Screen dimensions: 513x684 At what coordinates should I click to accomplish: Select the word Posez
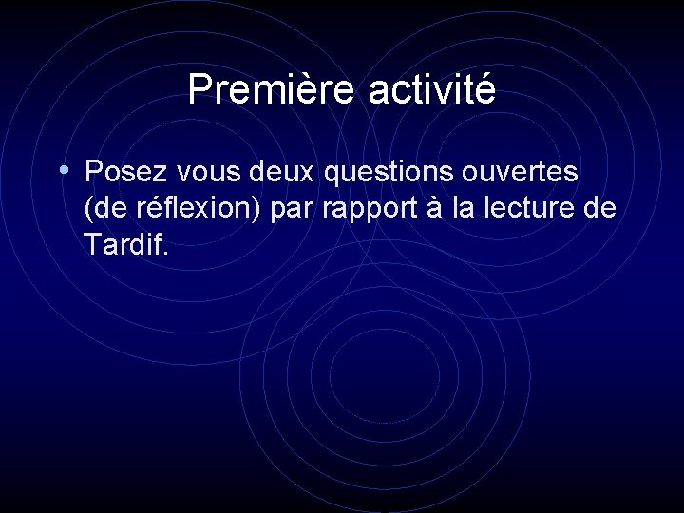pos(123,173)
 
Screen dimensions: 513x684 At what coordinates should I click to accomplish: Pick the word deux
pos(284,173)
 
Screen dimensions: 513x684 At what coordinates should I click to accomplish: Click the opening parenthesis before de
pos(88,209)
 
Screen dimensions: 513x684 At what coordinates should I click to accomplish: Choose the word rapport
pos(366,211)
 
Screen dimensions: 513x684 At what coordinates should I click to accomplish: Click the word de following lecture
pos(598,209)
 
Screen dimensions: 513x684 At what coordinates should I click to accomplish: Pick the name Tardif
pos(122,246)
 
